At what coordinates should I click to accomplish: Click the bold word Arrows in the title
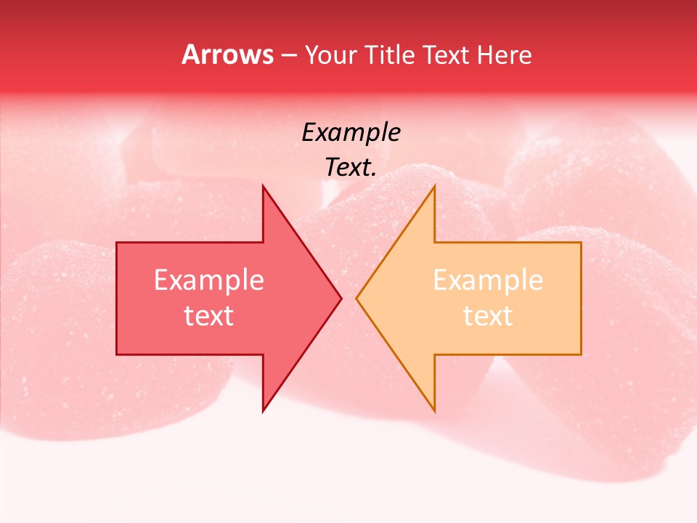[x=228, y=54]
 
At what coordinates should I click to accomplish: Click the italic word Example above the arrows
[x=351, y=132]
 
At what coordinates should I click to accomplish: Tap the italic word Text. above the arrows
[x=351, y=167]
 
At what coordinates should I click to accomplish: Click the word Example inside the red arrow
[x=209, y=280]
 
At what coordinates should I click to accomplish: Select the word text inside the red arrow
[x=209, y=315]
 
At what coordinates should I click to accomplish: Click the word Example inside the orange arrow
[x=488, y=280]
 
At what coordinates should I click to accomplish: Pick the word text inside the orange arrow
[x=488, y=315]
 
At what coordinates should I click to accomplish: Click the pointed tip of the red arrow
[x=341, y=298]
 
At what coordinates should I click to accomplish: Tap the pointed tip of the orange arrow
[x=356, y=298]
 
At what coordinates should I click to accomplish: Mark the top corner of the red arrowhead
[x=263, y=186]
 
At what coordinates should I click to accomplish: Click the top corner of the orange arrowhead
[x=434, y=186]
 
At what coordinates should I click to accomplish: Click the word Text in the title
[x=444, y=55]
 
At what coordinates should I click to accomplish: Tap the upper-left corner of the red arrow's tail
[x=117, y=243]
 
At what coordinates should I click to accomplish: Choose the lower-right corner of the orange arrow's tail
[x=581, y=354]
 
